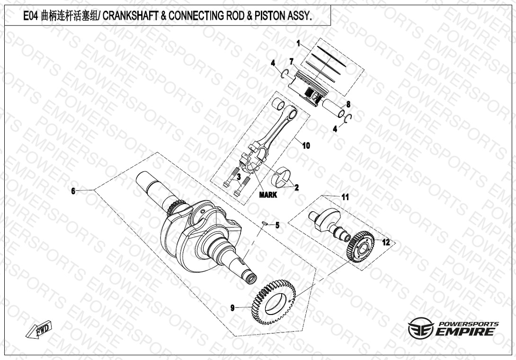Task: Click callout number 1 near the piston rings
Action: coord(298,43)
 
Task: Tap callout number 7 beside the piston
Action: coord(291,62)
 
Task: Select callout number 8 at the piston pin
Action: coord(348,105)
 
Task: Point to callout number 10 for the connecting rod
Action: coord(306,145)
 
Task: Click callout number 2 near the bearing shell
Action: coord(296,188)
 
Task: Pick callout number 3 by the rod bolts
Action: coord(239,177)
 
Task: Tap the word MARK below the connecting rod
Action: coord(268,195)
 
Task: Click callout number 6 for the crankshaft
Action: coord(73,191)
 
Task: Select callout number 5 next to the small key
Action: coord(277,225)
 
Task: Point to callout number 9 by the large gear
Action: coord(232,308)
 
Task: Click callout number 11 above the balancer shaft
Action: coord(345,198)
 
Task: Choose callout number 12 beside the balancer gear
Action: coord(386,243)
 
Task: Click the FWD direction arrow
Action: coord(39,329)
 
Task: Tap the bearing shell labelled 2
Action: coord(284,176)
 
